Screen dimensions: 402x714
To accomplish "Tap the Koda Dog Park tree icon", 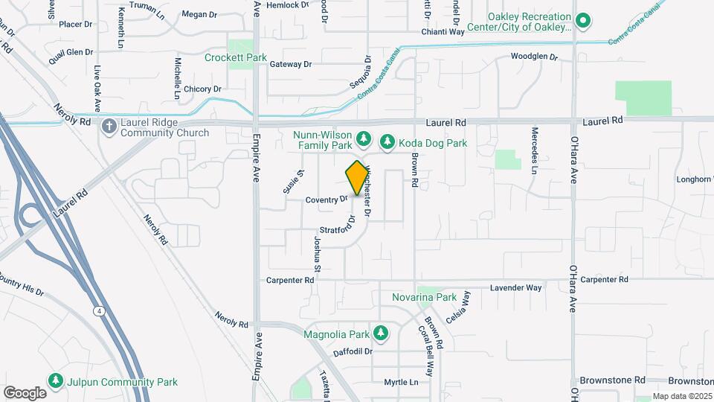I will click(387, 141).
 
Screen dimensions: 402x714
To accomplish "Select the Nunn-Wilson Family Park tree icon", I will click(364, 138).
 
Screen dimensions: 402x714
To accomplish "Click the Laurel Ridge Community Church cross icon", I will click(109, 127).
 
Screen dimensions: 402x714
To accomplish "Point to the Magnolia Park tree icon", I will click(381, 332).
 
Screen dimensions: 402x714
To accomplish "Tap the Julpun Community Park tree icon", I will click(56, 381).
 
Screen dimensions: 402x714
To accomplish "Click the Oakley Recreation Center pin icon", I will click(584, 20).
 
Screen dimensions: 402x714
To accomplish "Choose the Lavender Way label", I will click(515, 287).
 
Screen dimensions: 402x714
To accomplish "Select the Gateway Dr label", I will click(290, 65).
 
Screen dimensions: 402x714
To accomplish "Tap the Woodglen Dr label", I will click(534, 57).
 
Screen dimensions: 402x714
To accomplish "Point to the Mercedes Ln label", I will click(534, 149).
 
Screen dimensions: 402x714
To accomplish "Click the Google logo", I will click(25, 392).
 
